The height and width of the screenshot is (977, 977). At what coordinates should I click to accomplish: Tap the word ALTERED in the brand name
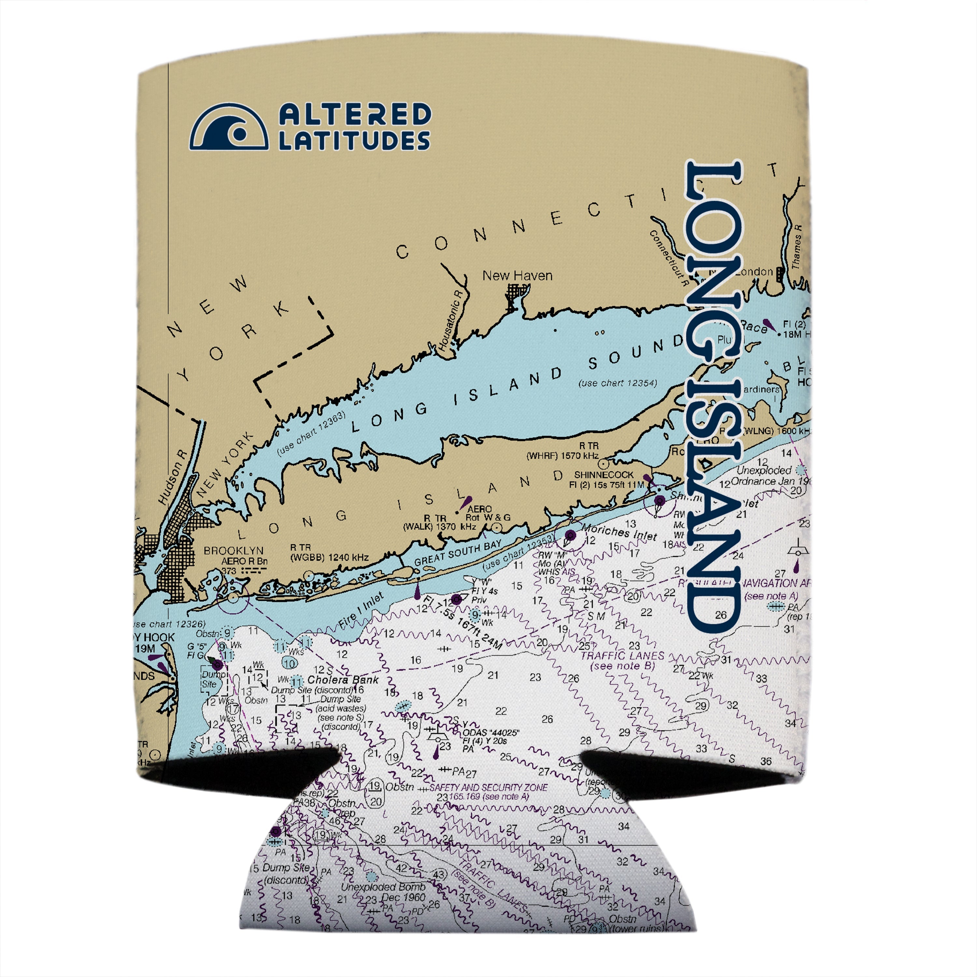point(355,114)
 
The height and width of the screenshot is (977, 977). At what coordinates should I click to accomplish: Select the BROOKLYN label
point(234,550)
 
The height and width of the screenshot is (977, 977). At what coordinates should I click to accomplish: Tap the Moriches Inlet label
point(619,532)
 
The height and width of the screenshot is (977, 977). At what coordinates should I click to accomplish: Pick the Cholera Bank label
point(343,680)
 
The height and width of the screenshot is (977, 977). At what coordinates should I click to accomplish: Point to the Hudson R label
point(172,477)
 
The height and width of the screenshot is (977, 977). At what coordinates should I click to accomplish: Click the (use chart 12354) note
point(618,383)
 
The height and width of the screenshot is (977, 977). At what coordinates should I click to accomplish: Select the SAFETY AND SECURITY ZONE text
point(488,787)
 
